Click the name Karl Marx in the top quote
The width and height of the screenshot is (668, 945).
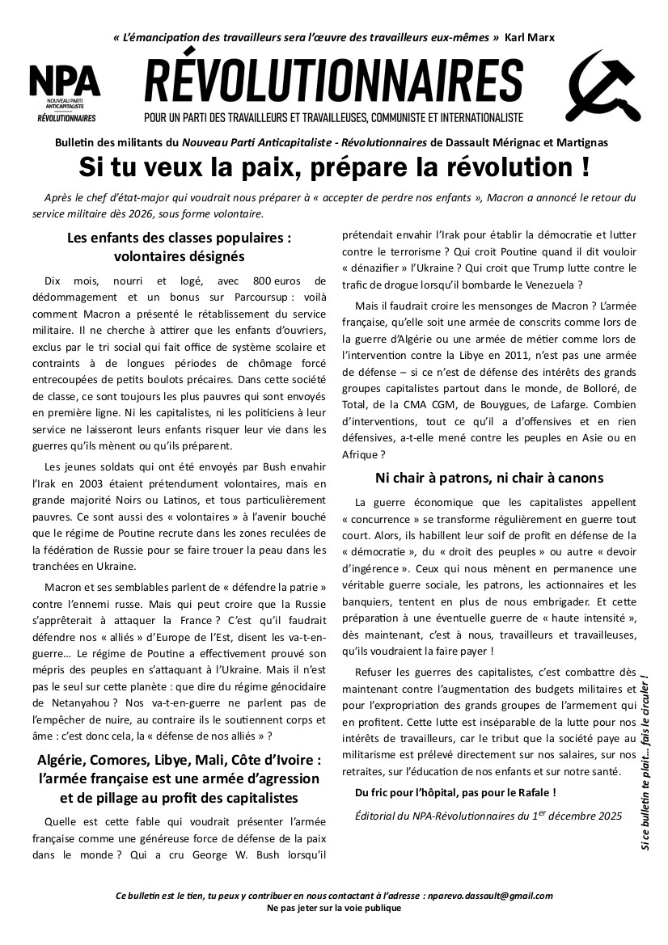coord(529,38)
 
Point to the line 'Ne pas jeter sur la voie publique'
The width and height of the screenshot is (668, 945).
coord(333,908)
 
